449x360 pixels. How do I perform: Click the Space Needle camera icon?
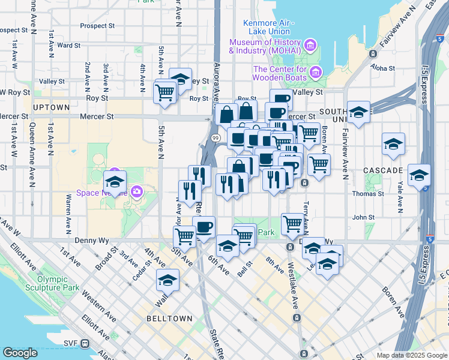click(x=137, y=192)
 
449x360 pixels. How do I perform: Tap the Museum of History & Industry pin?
click(x=310, y=45)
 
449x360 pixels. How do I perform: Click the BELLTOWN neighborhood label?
click(x=169, y=319)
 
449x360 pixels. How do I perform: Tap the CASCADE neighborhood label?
click(x=383, y=170)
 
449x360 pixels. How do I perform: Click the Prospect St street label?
click(x=97, y=26)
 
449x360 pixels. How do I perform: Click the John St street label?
click(x=364, y=218)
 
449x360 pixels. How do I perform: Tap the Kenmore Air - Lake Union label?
click(x=267, y=27)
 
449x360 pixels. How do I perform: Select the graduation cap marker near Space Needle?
click(x=115, y=182)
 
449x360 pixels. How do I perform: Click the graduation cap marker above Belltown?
click(x=168, y=280)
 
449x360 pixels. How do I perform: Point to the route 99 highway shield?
click(x=215, y=138)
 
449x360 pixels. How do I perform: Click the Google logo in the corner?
click(x=20, y=353)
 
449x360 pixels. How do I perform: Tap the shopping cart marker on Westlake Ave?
click(x=292, y=224)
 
